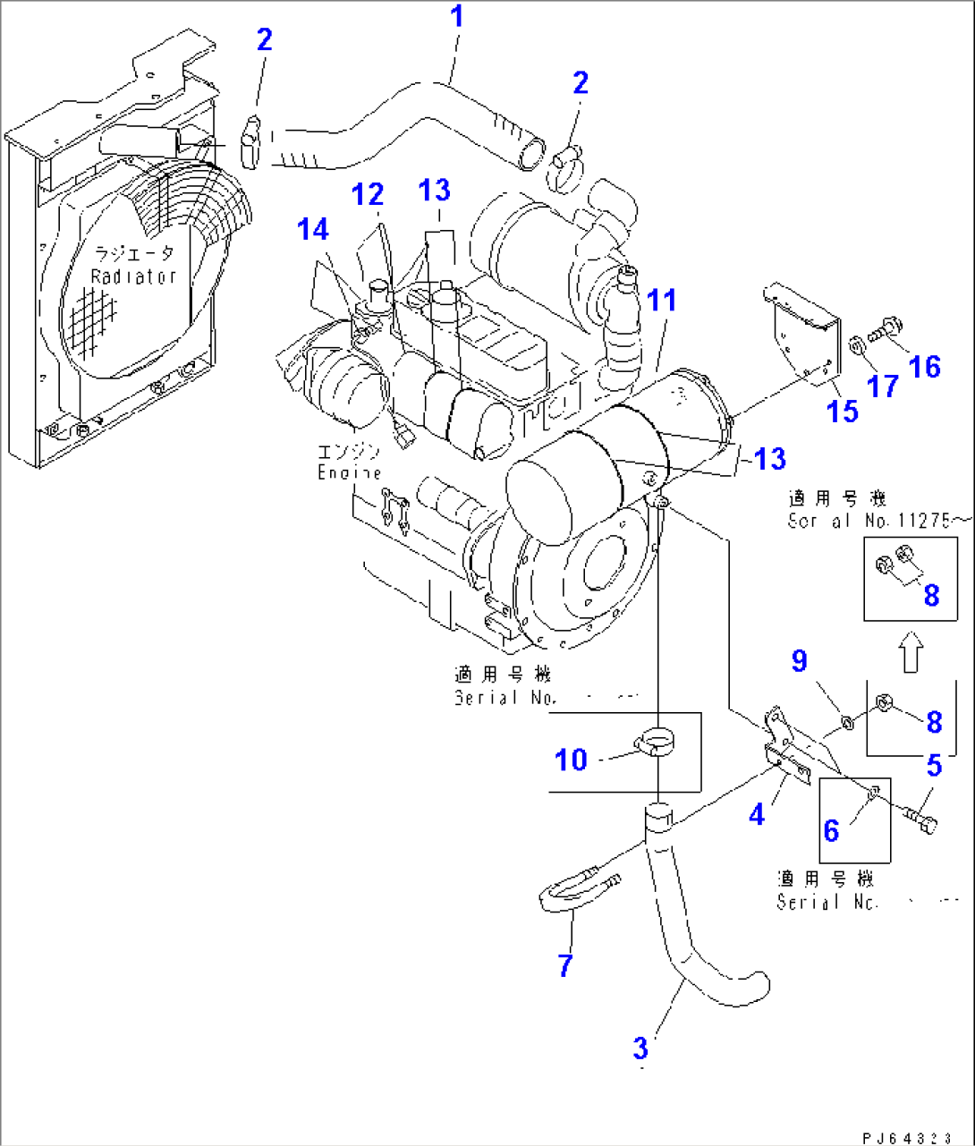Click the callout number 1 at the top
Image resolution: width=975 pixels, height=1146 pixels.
(x=457, y=16)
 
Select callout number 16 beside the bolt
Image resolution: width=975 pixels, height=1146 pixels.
(x=926, y=366)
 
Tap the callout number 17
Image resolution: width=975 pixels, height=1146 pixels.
(x=883, y=386)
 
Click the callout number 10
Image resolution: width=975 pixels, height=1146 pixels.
(x=571, y=760)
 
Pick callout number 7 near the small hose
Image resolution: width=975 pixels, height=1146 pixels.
(x=564, y=965)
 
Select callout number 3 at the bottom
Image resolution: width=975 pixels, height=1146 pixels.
(x=640, y=1048)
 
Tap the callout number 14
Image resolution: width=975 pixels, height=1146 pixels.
(x=313, y=229)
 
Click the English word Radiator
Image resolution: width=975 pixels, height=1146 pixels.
(x=133, y=277)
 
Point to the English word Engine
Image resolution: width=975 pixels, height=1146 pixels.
(x=349, y=473)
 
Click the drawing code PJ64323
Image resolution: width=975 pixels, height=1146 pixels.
(x=906, y=1137)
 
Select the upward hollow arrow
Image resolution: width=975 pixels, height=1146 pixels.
(x=910, y=651)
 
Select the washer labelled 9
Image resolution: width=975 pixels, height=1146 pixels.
(x=844, y=720)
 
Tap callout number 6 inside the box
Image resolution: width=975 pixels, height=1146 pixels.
(x=831, y=830)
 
